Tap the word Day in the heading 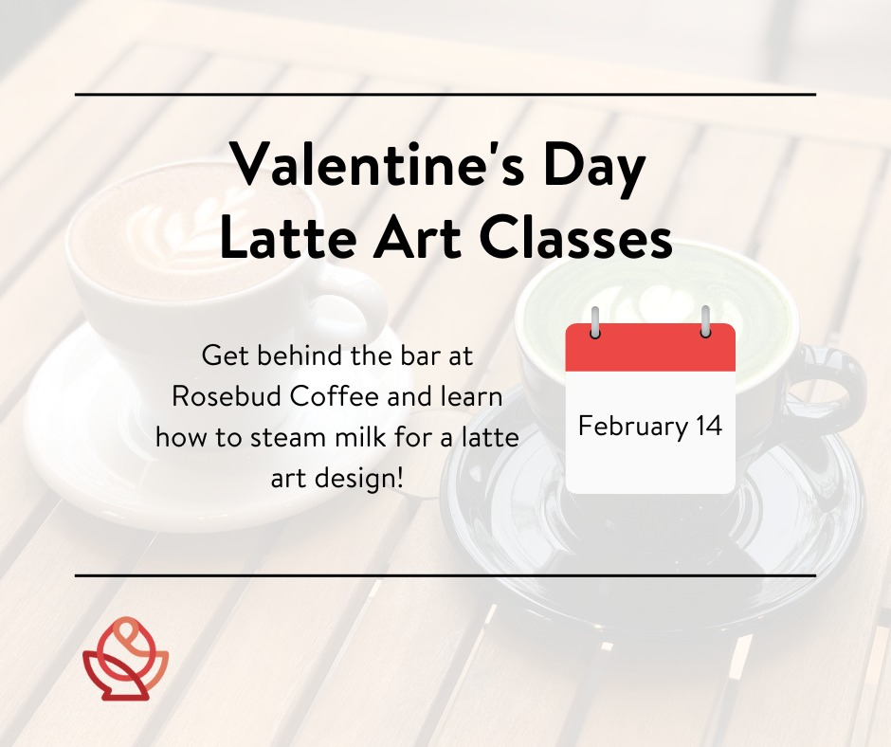pos(593,170)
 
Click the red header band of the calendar pos(650,347)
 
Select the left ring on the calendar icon pos(595,321)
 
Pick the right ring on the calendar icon pos(705,321)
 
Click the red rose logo pos(125,658)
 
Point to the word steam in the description pos(286,438)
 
